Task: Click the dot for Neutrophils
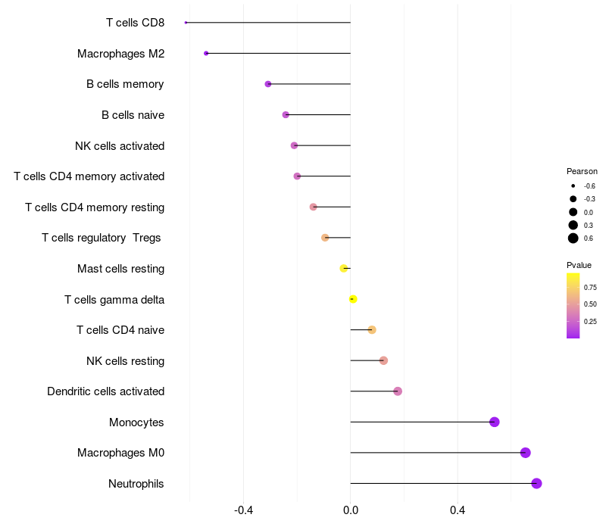536,483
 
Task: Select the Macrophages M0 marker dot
526,453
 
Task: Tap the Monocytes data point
495,422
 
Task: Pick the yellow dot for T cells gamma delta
353,299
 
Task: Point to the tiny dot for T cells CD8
186,23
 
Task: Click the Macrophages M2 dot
206,53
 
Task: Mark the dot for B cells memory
268,84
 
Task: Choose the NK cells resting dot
383,360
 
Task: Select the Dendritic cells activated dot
398,391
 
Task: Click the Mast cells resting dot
344,268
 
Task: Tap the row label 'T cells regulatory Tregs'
102,238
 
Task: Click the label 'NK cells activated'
120,145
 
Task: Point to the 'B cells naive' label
133,115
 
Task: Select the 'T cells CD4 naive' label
120,330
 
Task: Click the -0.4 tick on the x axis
243,510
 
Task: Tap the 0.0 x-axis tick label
351,510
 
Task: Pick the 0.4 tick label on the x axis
458,510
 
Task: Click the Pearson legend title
582,171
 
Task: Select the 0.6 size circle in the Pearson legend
573,238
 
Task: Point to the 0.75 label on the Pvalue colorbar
591,288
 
